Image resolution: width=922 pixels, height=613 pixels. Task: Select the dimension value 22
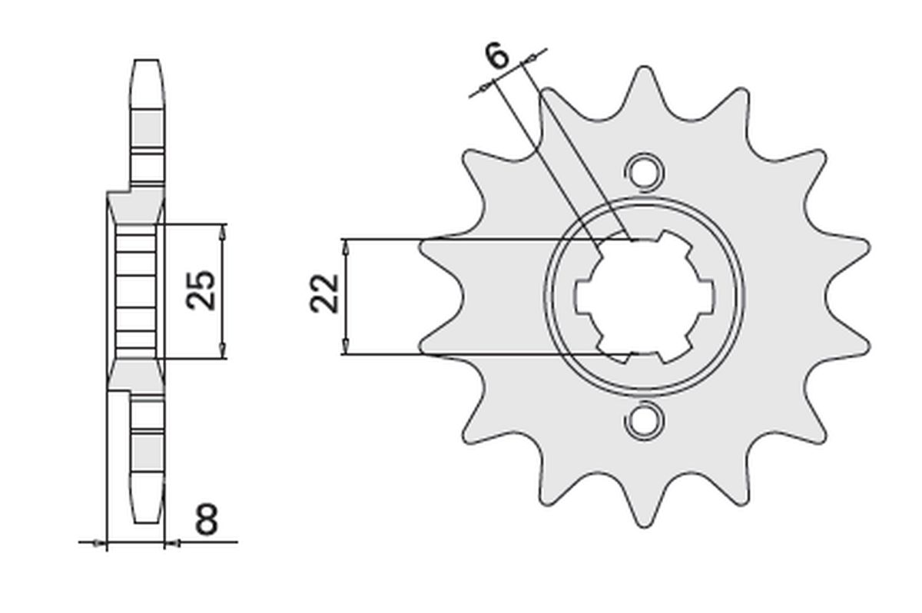pos(325,293)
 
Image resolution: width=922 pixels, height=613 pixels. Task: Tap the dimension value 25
pos(201,290)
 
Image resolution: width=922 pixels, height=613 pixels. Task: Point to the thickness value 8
pos(206,520)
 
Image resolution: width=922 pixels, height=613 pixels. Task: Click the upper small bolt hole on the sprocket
pos(643,170)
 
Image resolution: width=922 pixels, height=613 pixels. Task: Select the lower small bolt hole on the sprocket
pos(643,420)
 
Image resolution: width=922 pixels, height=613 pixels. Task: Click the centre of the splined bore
pos(644,296)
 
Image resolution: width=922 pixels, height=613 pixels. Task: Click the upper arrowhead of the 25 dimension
pos(223,230)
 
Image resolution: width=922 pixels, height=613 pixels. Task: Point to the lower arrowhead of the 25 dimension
pos(223,352)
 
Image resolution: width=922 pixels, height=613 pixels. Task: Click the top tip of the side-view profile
pos(147,61)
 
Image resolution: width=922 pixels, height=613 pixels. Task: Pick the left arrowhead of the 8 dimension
pos(98,543)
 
